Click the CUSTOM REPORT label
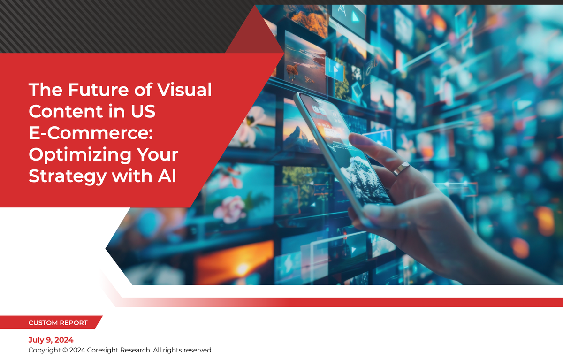click(58, 323)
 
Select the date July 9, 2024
click(51, 340)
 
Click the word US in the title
click(143, 111)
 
